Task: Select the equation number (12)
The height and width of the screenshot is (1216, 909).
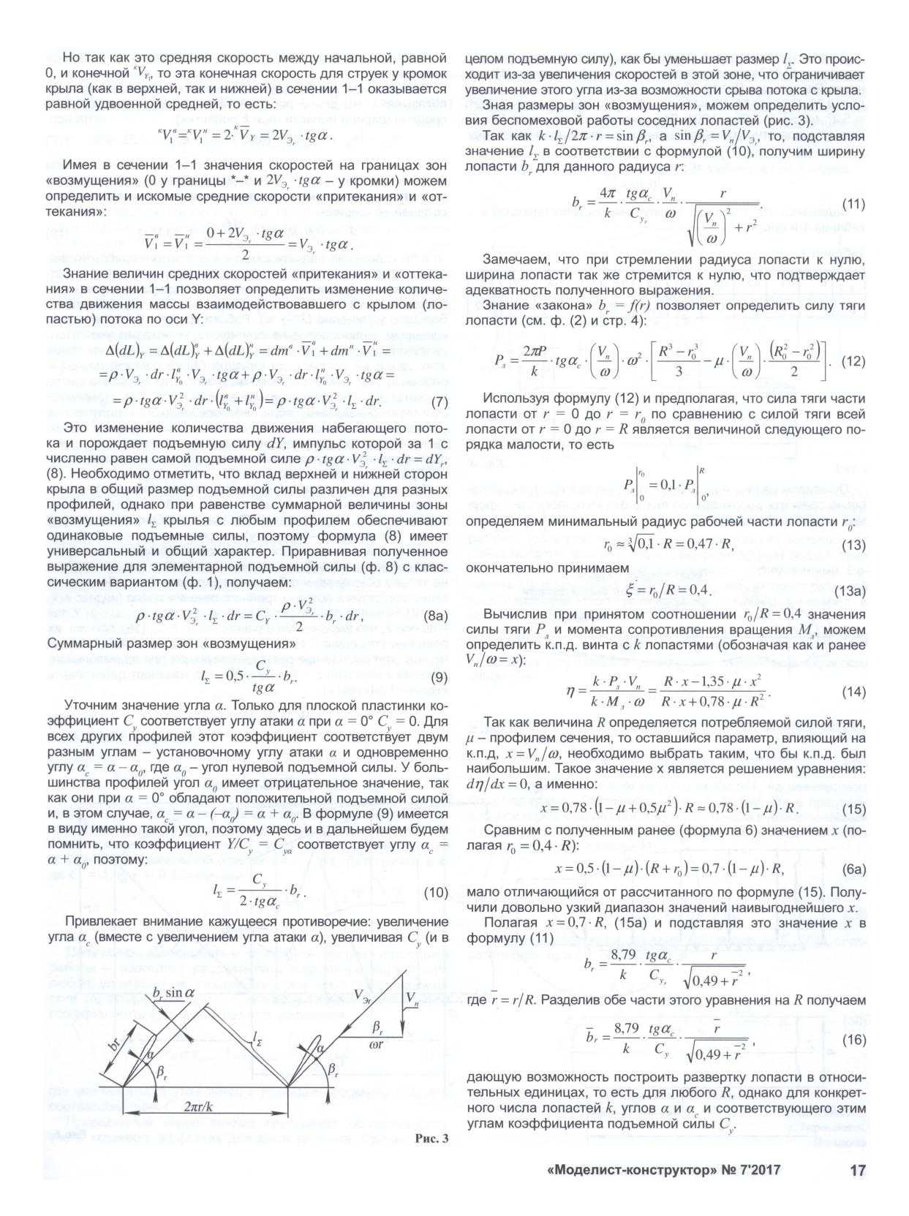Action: point(849,360)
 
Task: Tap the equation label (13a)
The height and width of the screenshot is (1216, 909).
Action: point(846,590)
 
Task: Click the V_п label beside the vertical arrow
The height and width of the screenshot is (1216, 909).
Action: point(414,997)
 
